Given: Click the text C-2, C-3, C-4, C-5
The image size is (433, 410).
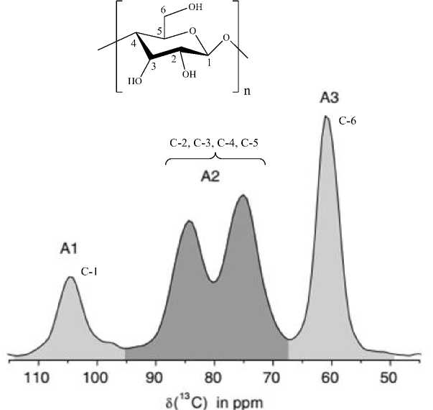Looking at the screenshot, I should point(214,142).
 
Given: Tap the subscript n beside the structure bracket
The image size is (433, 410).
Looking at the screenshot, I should point(247,92).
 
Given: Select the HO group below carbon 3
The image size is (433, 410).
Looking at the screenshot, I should point(135,81).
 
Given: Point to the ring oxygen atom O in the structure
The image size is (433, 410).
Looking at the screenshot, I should point(190,32).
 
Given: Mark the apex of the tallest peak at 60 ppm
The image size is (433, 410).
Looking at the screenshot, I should point(326,117).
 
